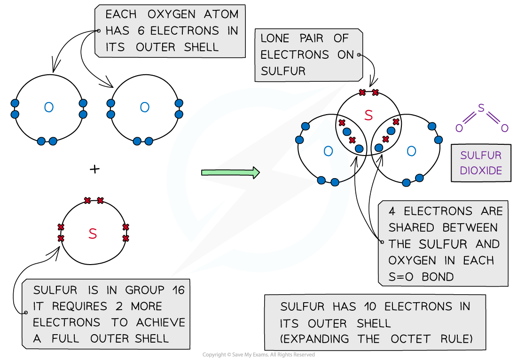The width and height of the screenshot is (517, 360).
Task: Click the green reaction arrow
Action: [230, 172]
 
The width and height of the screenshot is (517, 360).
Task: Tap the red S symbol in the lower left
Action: [93, 234]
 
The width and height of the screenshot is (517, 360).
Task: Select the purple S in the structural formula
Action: [481, 108]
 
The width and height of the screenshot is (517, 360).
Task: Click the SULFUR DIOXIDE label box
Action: [481, 163]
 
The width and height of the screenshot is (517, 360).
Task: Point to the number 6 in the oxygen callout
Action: [142, 31]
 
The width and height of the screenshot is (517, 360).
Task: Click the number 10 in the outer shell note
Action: [369, 307]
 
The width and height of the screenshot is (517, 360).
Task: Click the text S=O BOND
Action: [421, 276]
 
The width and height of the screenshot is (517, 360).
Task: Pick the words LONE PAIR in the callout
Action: [294, 39]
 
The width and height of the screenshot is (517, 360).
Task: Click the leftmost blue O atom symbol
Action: [48, 108]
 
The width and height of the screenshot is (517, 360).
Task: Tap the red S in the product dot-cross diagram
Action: [368, 115]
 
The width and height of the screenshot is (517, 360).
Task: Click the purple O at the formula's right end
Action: [505, 128]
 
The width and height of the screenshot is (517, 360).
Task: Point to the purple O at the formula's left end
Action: [459, 128]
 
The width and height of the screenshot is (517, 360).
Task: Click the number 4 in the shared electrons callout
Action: [392, 211]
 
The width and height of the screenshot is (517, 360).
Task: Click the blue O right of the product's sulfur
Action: [411, 151]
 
